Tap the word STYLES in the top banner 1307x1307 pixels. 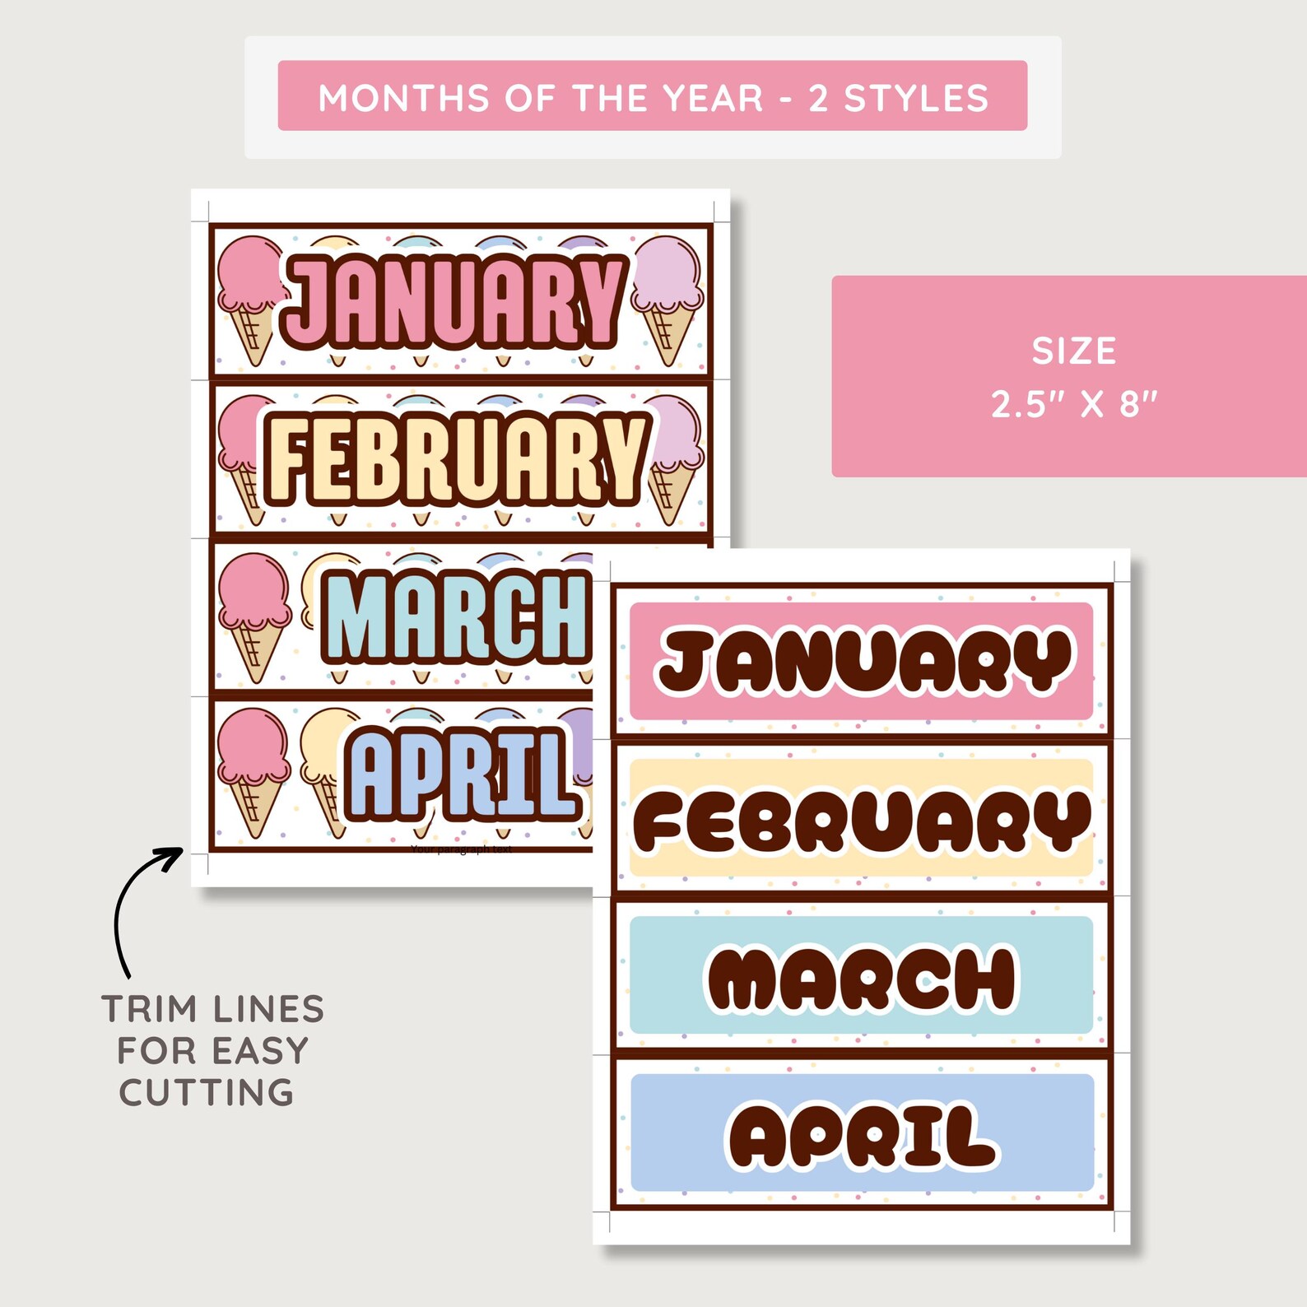point(916,98)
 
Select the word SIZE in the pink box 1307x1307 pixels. point(1074,351)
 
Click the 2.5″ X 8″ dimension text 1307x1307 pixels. point(1074,404)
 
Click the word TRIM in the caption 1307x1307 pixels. point(149,1009)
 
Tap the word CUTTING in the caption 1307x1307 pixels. point(207,1093)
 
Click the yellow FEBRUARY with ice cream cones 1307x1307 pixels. point(455,458)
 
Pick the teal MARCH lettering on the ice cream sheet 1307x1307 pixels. point(458,617)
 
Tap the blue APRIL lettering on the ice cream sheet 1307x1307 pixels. point(461,775)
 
